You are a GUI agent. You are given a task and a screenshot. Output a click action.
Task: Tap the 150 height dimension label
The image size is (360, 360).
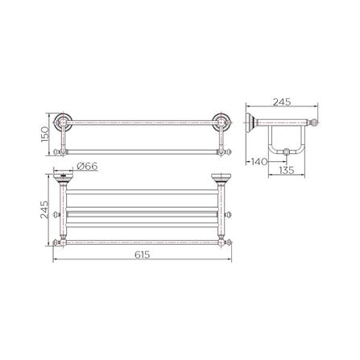[47, 133]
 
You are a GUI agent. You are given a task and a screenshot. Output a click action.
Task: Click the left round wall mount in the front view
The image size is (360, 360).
[64, 122]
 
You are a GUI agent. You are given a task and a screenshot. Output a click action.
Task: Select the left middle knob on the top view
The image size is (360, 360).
[55, 214]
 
